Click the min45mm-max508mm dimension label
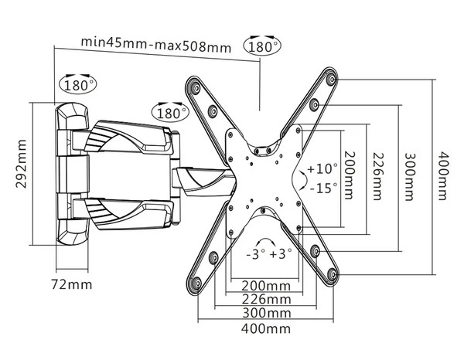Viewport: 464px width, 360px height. [156, 45]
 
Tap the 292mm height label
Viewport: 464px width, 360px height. [22, 164]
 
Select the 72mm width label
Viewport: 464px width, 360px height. [72, 284]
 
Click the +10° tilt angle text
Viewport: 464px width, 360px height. [322, 168]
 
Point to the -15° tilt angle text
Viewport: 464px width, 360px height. [323, 188]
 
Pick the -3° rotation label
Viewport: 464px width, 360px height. [256, 254]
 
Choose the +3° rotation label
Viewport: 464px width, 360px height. [281, 254]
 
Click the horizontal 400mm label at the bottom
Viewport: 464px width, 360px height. [266, 328]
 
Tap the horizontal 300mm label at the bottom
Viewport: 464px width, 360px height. [266, 313]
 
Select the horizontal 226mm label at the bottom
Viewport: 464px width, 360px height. [266, 300]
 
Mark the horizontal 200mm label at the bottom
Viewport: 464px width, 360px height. [266, 286]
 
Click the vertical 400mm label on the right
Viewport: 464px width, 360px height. [442, 176]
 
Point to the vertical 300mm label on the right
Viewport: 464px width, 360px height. [408, 177]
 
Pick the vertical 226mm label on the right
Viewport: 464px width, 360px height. [377, 176]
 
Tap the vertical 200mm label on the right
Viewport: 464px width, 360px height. [350, 175]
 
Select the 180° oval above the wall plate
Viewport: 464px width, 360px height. [78, 85]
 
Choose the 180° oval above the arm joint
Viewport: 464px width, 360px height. [170, 113]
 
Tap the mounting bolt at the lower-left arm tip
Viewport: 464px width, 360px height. [196, 284]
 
